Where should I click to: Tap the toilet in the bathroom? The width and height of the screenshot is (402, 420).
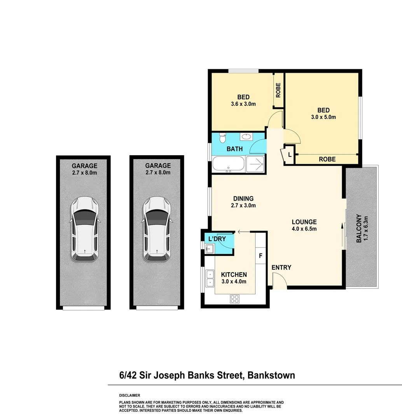[x=223, y=138]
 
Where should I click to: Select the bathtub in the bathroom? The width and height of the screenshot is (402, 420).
[x=228, y=164]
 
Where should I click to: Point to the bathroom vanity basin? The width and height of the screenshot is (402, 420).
[x=245, y=136]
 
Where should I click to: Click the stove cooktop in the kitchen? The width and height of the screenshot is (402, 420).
[x=234, y=299]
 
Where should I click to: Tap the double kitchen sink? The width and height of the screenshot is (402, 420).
[x=210, y=278]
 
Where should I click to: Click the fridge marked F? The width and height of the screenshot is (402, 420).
[x=260, y=256]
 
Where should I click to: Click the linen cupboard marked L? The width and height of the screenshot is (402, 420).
[x=290, y=154]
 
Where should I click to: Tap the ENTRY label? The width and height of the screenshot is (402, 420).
[x=281, y=268]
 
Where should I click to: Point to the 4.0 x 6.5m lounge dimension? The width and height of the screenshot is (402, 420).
[x=304, y=229]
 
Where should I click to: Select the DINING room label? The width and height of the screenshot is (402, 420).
[x=243, y=198]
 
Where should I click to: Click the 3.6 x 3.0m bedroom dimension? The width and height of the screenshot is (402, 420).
[x=243, y=104]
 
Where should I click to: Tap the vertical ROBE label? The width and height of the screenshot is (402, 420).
[x=278, y=90]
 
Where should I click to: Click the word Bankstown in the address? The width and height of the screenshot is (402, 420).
[x=271, y=375]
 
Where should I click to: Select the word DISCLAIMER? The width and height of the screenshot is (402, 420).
[x=129, y=395]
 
